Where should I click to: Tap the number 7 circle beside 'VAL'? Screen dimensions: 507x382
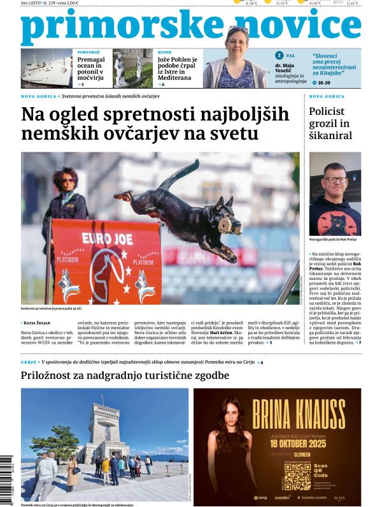[x=279, y=56]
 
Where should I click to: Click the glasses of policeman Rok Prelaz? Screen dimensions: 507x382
[x=335, y=180]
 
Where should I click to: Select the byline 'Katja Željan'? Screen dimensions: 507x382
[x=40, y=323]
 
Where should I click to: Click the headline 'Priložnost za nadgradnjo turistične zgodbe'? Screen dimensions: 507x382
[x=125, y=376]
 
